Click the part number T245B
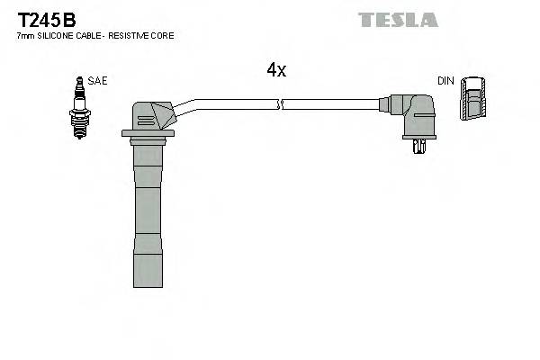click(x=45, y=18)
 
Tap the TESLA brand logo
click(x=398, y=19)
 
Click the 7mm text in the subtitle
click(x=25, y=36)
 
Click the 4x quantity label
click(x=276, y=70)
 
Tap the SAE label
click(x=98, y=81)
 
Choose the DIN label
click(x=445, y=81)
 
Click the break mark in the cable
click(x=282, y=104)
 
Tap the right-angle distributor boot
click(x=417, y=117)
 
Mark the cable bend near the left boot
click(x=184, y=105)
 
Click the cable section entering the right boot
click(x=369, y=104)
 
